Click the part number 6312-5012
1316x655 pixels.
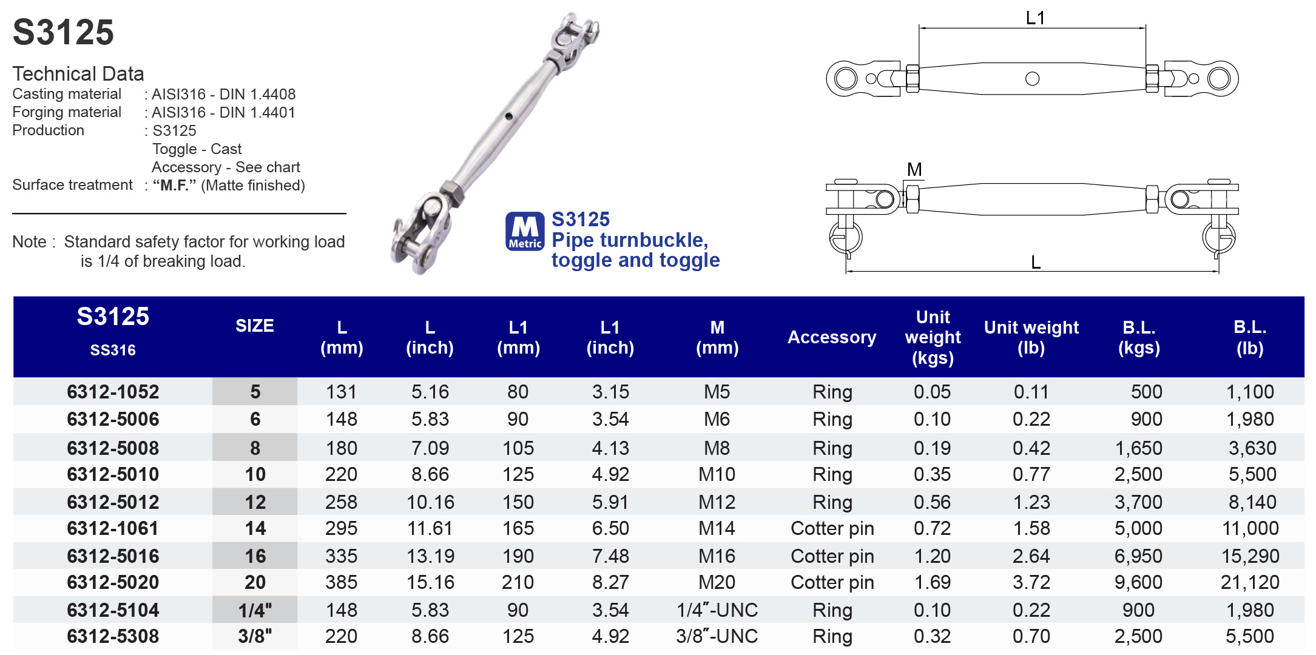(113, 502)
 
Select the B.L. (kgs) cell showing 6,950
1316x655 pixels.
(1138, 556)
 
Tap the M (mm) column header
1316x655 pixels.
(717, 337)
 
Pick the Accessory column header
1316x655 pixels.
(832, 337)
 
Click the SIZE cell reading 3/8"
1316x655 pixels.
(255, 636)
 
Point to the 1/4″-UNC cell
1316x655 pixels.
(717, 610)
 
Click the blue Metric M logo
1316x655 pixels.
(525, 231)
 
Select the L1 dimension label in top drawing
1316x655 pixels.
(1035, 18)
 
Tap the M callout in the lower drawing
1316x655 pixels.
(914, 170)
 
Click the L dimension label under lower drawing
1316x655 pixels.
(1036, 263)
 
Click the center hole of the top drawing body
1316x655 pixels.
(1032, 79)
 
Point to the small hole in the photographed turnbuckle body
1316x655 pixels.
(508, 116)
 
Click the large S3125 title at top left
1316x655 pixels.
(63, 32)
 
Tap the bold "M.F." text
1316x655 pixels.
(174, 186)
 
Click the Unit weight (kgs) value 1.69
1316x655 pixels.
(932, 583)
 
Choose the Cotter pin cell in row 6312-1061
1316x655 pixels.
(832, 529)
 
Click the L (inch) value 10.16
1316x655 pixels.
(430, 502)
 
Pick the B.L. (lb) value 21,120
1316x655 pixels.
(1250, 583)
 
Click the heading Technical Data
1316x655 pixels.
(78, 74)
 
